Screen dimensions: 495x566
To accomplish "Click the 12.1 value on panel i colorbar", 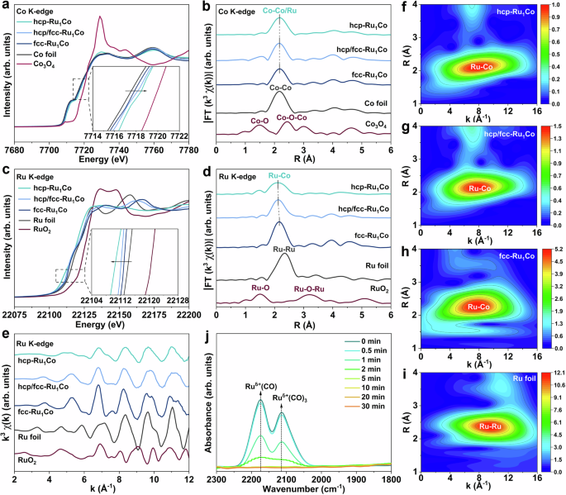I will (x=553, y=374).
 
